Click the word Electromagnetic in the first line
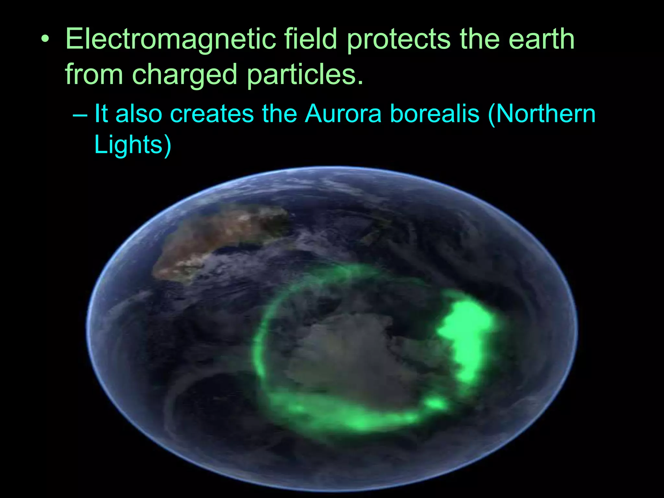171,40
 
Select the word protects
399,40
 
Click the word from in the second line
94,75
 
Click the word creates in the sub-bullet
212,114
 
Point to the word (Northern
541,114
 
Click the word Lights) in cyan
133,145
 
